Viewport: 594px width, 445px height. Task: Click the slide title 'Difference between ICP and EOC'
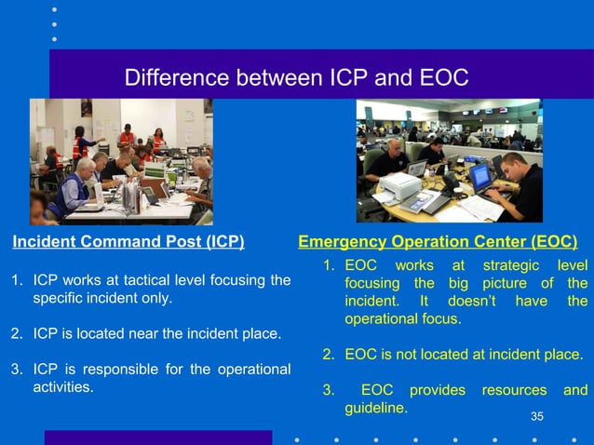[x=296, y=76]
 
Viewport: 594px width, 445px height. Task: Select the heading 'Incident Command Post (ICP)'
[x=128, y=243]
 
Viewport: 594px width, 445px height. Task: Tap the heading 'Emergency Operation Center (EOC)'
[x=437, y=243]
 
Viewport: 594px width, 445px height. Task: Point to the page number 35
[x=537, y=415]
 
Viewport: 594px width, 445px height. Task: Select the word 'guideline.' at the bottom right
[x=375, y=408]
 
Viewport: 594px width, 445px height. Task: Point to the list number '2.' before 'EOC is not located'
[x=329, y=355]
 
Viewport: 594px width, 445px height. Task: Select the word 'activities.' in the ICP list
[x=63, y=386]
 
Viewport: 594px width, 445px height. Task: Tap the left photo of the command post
[x=121, y=161]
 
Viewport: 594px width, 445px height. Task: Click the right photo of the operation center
[x=449, y=160]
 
